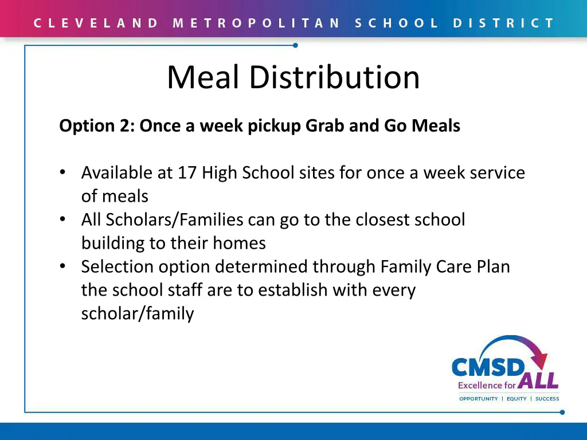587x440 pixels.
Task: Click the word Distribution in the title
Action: (x=334, y=77)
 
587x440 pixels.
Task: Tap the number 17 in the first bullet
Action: (x=187, y=172)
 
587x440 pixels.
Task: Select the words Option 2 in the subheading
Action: (x=96, y=125)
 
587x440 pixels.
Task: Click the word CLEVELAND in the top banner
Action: (x=96, y=23)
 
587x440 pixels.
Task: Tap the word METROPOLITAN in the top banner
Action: (x=256, y=23)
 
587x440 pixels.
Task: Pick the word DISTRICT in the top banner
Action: (x=504, y=23)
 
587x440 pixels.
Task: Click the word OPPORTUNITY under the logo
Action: (x=479, y=399)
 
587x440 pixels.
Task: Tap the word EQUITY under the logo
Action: (x=516, y=399)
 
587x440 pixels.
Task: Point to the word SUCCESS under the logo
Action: (x=547, y=399)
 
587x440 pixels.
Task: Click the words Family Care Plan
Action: (x=445, y=266)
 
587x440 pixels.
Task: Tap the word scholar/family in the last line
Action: (x=138, y=313)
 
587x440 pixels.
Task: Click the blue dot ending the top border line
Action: (x=295, y=45)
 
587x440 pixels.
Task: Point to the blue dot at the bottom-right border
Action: (x=562, y=412)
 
